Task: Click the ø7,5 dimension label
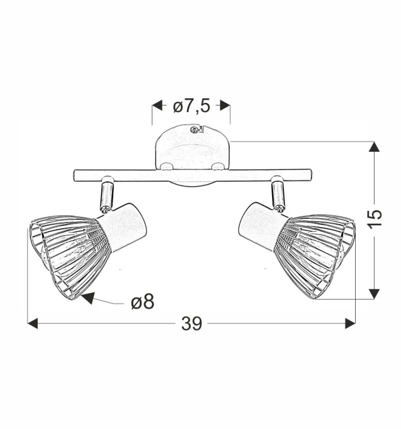(191, 107)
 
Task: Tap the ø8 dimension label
(142, 303)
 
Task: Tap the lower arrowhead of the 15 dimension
(374, 293)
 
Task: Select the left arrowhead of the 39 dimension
(33, 324)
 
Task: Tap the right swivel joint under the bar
(278, 193)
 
